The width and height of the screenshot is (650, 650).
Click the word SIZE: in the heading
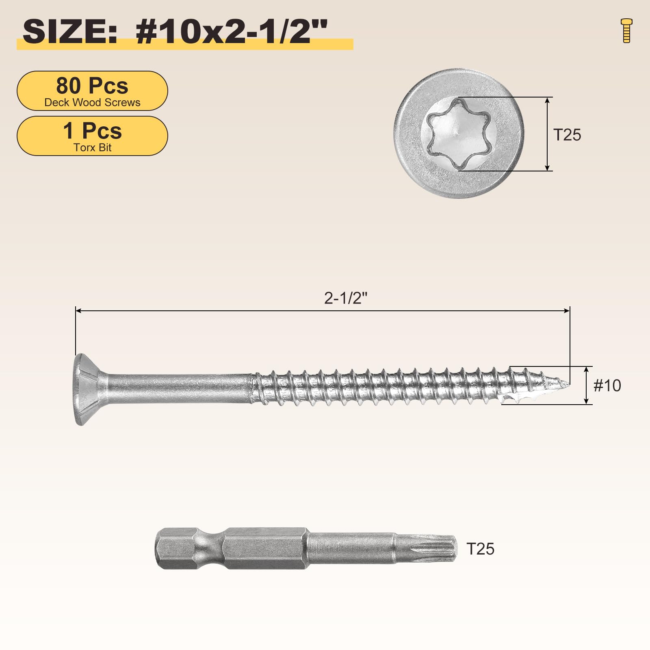click(x=70, y=32)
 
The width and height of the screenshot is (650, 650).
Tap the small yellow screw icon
click(x=626, y=30)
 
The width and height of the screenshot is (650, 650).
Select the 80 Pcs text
click(x=92, y=86)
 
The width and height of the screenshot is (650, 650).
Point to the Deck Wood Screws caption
click(x=92, y=102)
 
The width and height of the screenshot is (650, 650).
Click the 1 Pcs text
click(x=92, y=131)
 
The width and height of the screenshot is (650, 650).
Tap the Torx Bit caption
click(x=92, y=147)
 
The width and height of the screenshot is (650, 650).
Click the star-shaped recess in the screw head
click(x=459, y=134)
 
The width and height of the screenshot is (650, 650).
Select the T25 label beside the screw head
click(x=567, y=135)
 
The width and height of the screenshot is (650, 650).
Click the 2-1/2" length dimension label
click(x=346, y=298)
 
